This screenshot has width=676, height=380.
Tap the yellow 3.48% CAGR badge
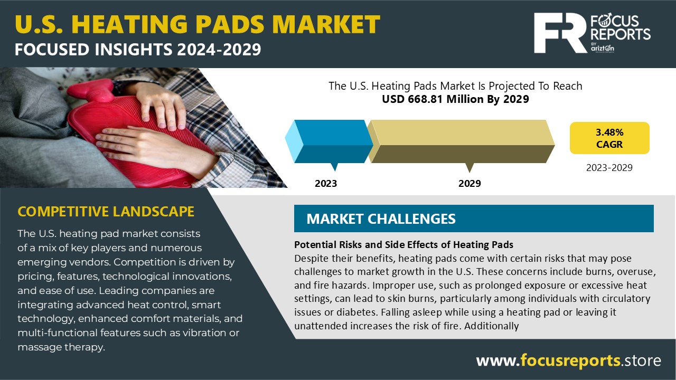coord(609,138)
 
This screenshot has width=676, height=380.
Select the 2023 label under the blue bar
coord(326,184)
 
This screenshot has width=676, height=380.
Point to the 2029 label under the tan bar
coord(470,184)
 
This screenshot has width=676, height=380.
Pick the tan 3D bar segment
coord(462,141)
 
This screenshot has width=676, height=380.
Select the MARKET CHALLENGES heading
coord(381,218)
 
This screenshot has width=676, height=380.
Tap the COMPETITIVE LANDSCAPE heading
coord(106,212)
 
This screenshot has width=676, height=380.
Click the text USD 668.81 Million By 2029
coord(455,99)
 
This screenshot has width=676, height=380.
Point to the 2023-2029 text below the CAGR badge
coord(609,168)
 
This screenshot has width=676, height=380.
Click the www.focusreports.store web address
coord(568,360)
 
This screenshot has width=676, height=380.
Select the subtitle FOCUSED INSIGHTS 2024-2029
coord(137,50)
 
